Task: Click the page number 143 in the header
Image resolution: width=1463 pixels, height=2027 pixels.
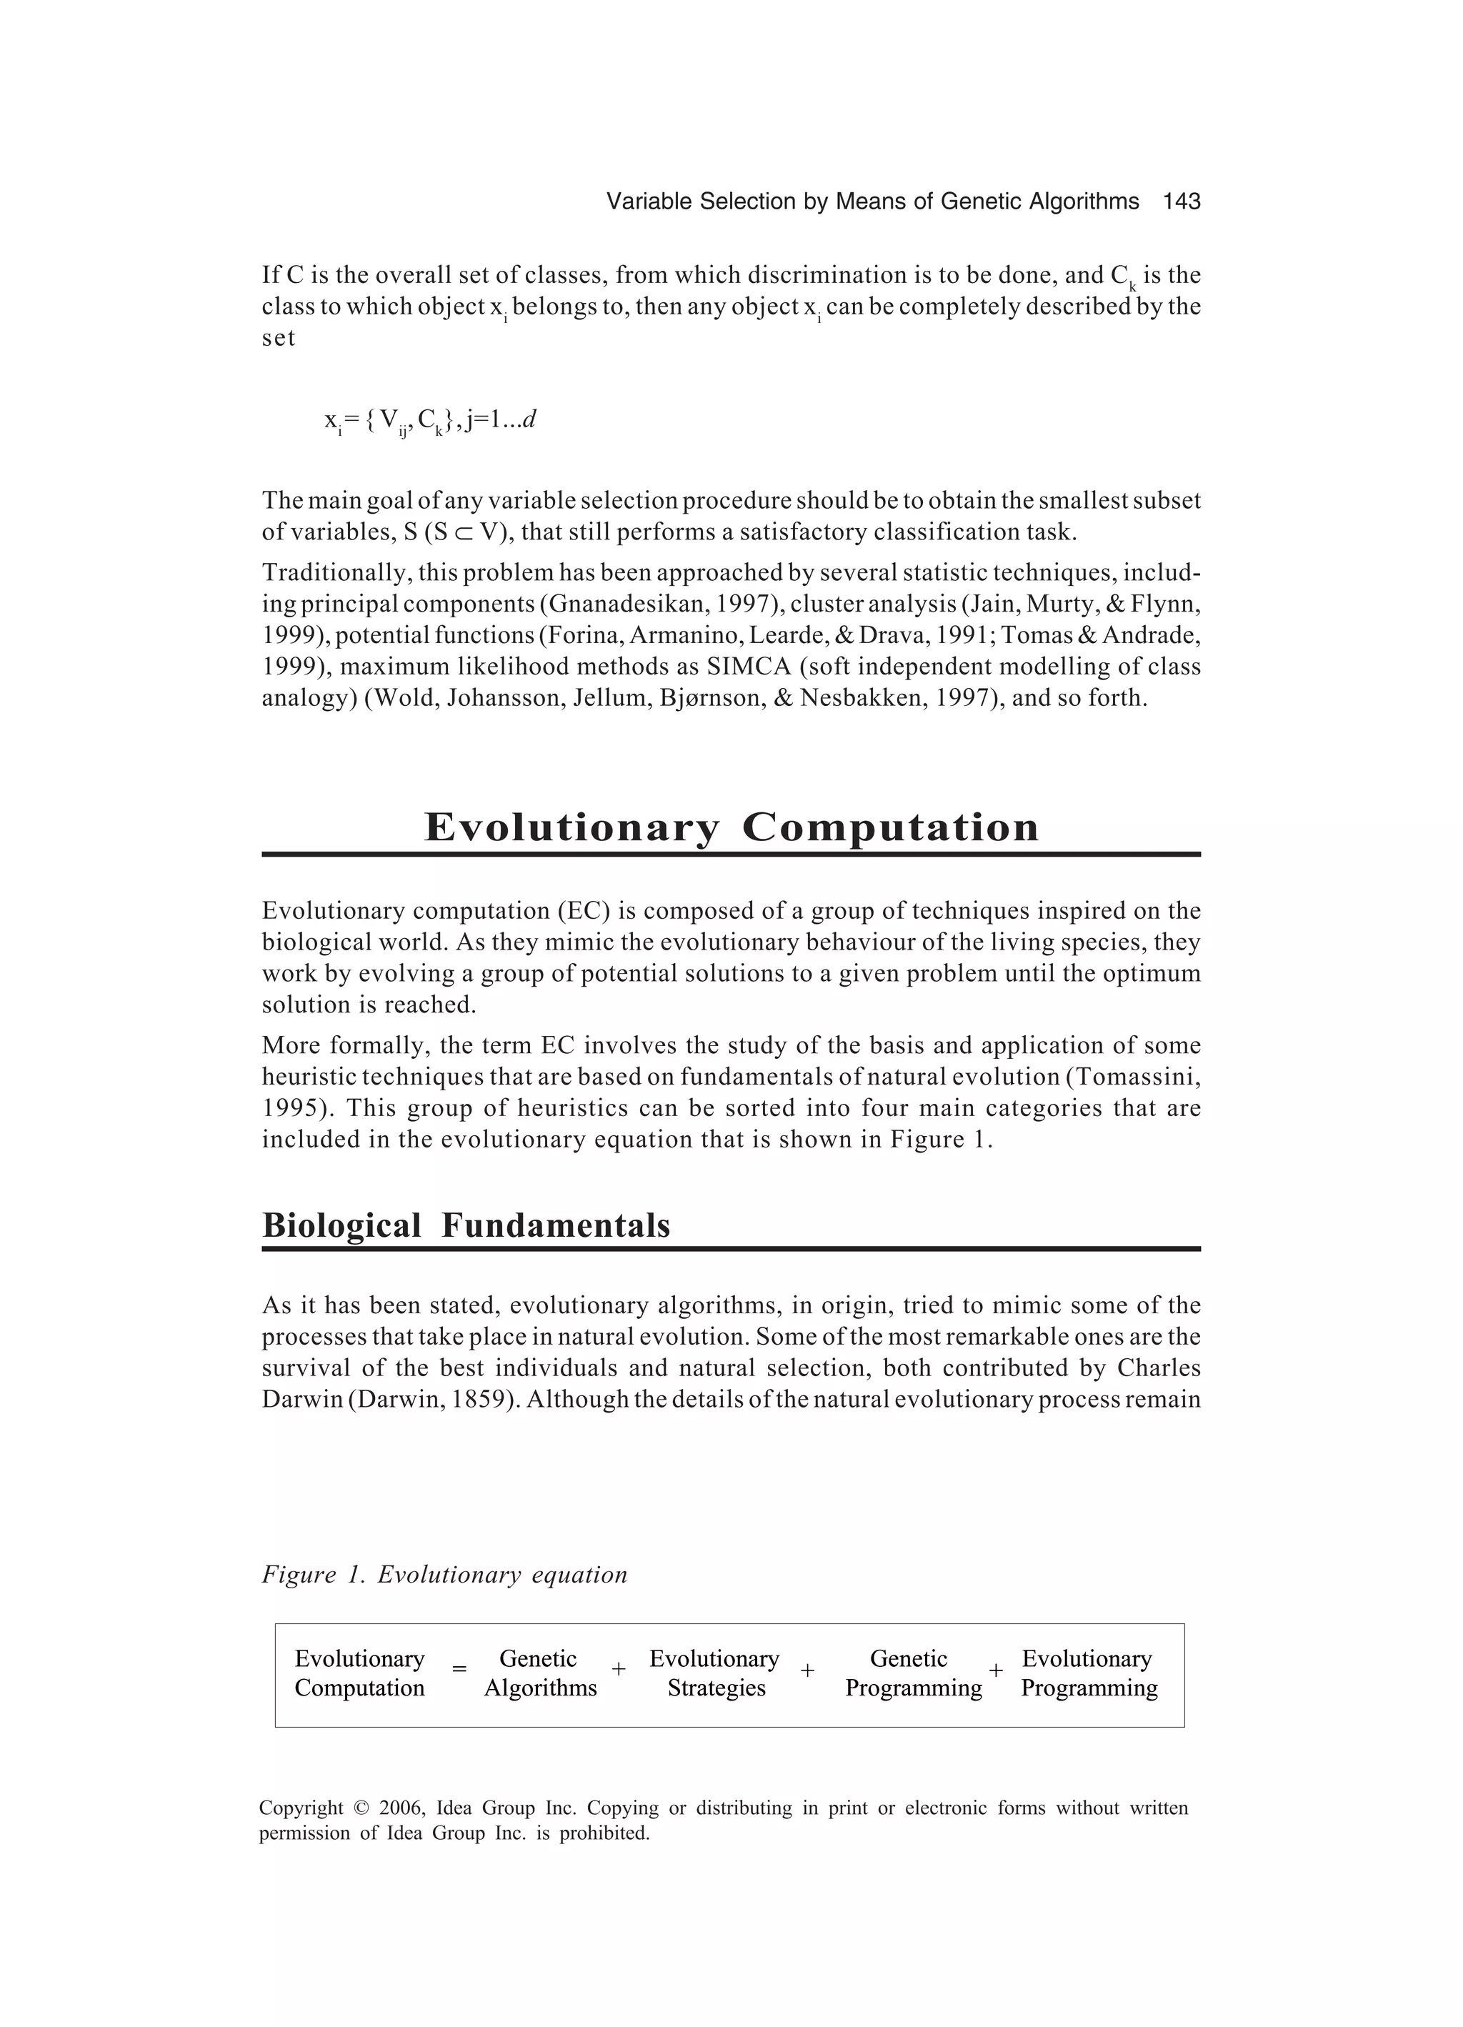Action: tap(1181, 202)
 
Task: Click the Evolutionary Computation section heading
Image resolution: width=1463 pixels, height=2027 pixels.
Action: tap(731, 827)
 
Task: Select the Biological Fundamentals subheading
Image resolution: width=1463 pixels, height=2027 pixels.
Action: tap(466, 1225)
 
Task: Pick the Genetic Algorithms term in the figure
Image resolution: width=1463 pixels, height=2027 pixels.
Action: tap(540, 1673)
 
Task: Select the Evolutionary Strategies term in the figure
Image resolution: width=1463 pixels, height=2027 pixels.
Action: tap(715, 1673)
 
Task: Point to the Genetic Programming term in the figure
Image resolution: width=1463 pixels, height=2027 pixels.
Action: tap(912, 1673)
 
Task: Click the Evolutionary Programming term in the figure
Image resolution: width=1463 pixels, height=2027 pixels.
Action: tap(1089, 1673)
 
